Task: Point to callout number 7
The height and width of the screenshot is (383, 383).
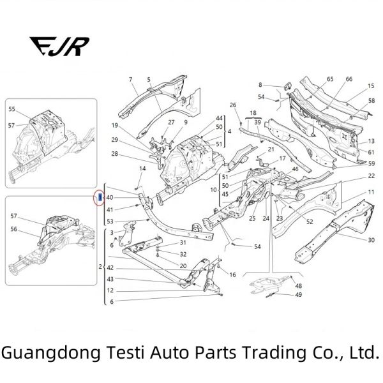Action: [x=130, y=80]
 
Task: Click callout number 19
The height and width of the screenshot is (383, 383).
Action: [x=115, y=125]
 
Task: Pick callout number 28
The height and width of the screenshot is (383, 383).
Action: [x=115, y=154]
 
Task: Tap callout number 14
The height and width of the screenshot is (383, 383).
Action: [x=143, y=168]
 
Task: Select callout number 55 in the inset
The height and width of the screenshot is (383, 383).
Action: [x=11, y=109]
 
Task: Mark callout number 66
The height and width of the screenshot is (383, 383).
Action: [x=349, y=79]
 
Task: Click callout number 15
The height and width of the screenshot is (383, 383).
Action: [x=371, y=86]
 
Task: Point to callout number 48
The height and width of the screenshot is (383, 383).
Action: [x=299, y=285]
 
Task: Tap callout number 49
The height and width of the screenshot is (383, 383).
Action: [x=299, y=294]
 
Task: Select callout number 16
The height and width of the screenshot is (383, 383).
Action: [x=232, y=274]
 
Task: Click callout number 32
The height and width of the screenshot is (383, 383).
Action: [x=183, y=253]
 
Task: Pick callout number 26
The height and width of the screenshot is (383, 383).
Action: [x=233, y=105]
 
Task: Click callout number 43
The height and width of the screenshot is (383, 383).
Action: [x=110, y=279]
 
